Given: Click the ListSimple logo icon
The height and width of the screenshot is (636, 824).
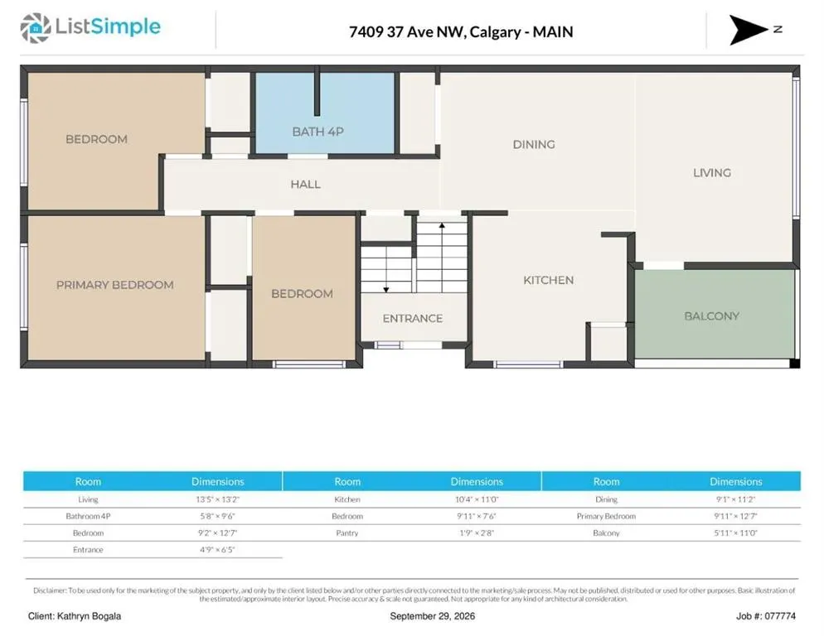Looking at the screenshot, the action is tap(35, 28).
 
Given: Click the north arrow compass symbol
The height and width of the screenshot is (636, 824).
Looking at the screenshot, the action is tap(749, 30).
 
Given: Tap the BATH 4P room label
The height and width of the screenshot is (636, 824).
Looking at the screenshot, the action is tap(318, 132).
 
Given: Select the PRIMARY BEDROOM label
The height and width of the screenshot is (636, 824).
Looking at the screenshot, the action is tap(115, 285).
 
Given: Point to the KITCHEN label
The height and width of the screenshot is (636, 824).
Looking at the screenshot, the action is tap(548, 280).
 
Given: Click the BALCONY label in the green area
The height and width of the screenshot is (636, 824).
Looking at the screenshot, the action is tap(711, 316).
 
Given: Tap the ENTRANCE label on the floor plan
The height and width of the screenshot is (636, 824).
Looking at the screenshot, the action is tap(413, 318).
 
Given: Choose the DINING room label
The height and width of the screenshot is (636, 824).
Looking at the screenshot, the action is tap(534, 144).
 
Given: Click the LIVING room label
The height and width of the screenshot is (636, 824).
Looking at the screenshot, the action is tap(712, 173).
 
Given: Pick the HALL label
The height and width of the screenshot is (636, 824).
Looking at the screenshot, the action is tap(305, 185).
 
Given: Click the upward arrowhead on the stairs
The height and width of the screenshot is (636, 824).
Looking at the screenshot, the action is tap(442, 225).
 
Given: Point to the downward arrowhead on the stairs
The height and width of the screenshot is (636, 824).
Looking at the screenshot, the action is tap(386, 289).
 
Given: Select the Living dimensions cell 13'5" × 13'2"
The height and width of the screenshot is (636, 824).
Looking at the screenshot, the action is tap(217, 499).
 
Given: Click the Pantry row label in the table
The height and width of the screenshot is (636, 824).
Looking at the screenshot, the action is tap(347, 533).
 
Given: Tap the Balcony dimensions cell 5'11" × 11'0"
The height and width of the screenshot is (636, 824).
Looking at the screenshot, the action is tap(736, 533).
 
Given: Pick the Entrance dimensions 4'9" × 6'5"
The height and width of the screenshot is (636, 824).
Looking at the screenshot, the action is tap(217, 550).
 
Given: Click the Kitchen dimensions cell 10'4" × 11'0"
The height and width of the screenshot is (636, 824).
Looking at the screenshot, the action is tap(477, 499).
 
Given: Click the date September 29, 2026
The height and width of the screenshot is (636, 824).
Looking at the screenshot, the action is tap(433, 616).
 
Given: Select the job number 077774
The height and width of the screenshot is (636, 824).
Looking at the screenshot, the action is tap(779, 616).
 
